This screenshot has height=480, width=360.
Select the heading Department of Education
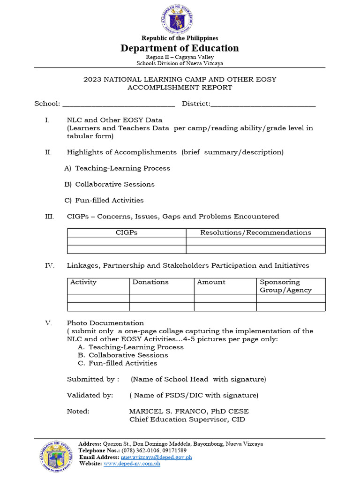[180, 48]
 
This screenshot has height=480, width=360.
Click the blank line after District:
[263, 104]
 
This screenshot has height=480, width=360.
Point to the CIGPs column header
[127, 232]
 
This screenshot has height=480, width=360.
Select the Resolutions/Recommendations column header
[255, 232]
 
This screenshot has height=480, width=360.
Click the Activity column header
[83, 282]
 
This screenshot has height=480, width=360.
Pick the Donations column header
[150, 282]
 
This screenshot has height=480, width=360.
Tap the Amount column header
[211, 282]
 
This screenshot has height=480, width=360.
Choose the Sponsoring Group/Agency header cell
[285, 286]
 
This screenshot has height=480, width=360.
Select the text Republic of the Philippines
[180, 38]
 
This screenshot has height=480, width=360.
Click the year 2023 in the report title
[92, 79]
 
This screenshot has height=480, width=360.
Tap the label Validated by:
[90, 395]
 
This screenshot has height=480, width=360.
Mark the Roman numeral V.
[47, 323]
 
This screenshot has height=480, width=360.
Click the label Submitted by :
[93, 379]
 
